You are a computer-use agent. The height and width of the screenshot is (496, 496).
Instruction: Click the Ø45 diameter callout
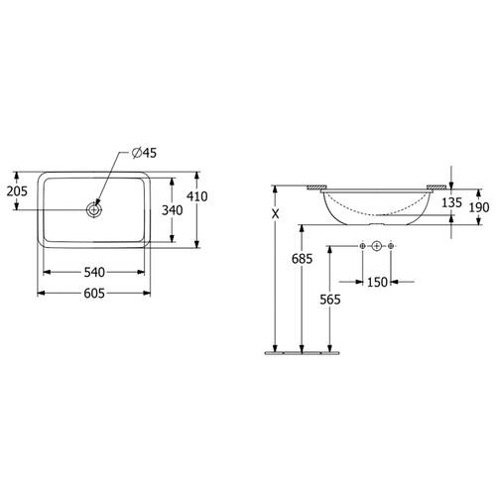pos(144,153)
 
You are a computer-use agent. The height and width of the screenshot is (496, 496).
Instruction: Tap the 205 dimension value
pos(17,191)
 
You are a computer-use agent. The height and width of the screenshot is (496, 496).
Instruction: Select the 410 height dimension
pos(197,196)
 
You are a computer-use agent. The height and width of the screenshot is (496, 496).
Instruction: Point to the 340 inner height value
pos(172,210)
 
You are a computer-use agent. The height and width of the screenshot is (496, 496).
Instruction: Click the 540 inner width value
pos(94,272)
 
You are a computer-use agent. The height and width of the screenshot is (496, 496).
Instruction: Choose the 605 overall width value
pos(94,294)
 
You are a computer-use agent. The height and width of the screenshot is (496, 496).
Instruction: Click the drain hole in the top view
pos(94,209)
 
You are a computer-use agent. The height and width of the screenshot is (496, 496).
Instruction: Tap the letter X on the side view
pos(275,214)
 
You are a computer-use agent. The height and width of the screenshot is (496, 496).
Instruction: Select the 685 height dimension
pos(302,259)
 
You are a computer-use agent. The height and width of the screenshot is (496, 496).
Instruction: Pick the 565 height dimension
pos(330,300)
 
